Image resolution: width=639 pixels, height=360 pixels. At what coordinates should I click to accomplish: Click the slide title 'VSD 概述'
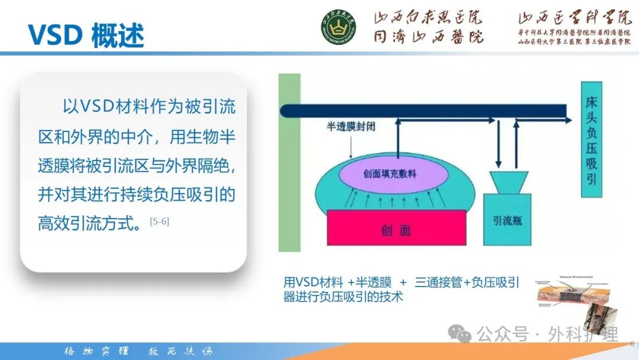coord(86,35)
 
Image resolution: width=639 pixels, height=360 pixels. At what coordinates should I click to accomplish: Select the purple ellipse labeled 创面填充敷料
coord(390,173)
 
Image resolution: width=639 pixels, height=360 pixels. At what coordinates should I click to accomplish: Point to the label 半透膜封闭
coord(354,126)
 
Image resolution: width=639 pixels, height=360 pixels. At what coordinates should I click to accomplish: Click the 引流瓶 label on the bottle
coord(507,220)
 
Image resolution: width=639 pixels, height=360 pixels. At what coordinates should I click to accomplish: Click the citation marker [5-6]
coord(160,221)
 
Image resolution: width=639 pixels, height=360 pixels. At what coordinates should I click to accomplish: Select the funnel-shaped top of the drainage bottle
coord(509,182)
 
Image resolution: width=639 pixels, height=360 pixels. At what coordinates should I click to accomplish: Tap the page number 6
coord(632,343)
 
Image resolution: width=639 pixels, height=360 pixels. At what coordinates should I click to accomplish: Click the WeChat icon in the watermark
coord(460,334)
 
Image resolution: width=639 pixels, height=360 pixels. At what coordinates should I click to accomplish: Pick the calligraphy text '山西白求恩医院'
coord(428,18)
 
